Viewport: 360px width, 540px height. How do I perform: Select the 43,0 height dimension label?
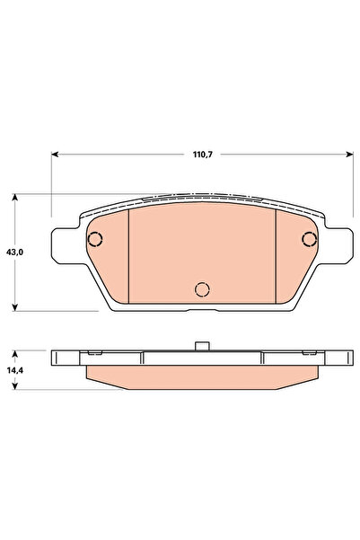click(13, 253)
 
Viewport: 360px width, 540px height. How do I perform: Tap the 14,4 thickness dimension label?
click(13, 369)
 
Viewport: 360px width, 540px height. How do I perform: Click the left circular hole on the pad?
click(95, 239)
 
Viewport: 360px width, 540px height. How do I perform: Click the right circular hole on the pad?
click(310, 239)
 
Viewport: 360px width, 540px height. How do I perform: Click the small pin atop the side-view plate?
click(203, 344)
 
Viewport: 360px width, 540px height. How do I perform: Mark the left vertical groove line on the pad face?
click(130, 257)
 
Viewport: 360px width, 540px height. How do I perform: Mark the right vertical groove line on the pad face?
click(275, 257)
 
